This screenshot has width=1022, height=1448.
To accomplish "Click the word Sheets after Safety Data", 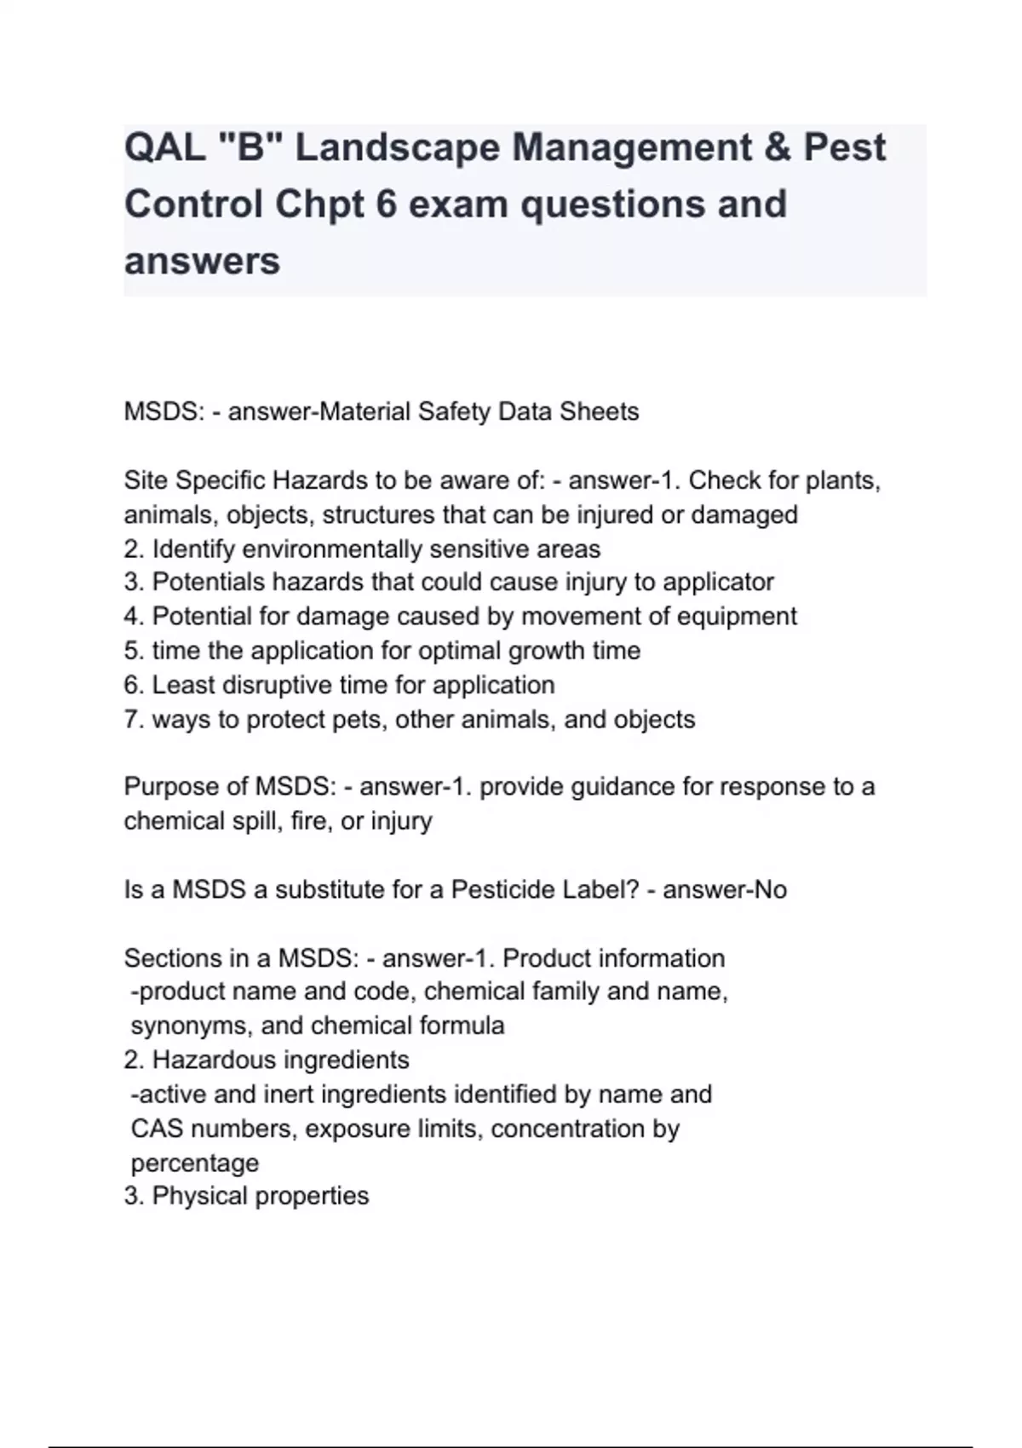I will point(599,412).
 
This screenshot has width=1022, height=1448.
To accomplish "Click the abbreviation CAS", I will point(157,1129).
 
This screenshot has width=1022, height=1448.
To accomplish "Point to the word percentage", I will point(195,1163).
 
